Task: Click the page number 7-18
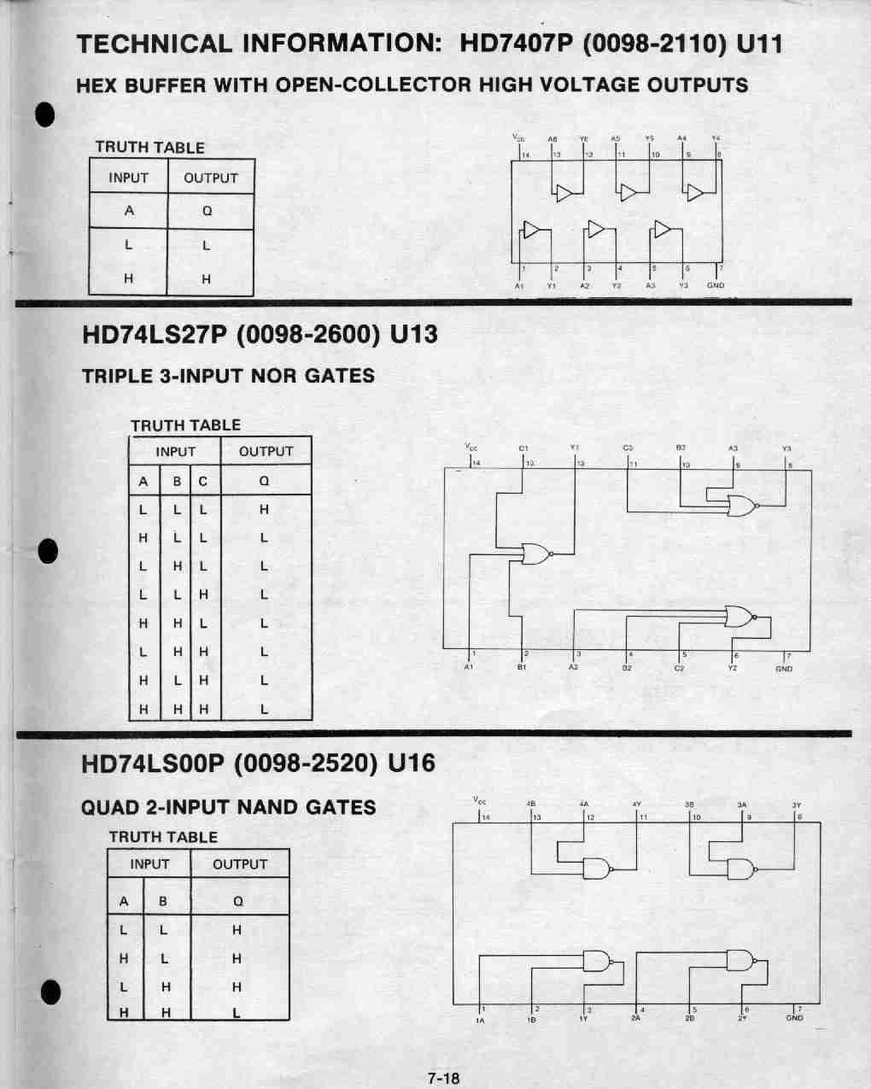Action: pos(443,1078)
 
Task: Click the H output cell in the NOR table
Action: pos(264,510)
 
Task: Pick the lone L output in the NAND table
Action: pos(237,1014)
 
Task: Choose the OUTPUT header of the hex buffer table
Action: pos(210,179)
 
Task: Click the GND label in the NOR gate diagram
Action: pos(784,669)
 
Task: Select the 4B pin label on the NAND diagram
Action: pos(531,804)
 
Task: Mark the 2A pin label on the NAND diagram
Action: pos(636,1018)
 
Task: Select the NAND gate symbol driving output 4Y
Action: pos(596,869)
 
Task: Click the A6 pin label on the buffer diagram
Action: pos(552,138)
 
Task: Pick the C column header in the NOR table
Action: pos(203,482)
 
